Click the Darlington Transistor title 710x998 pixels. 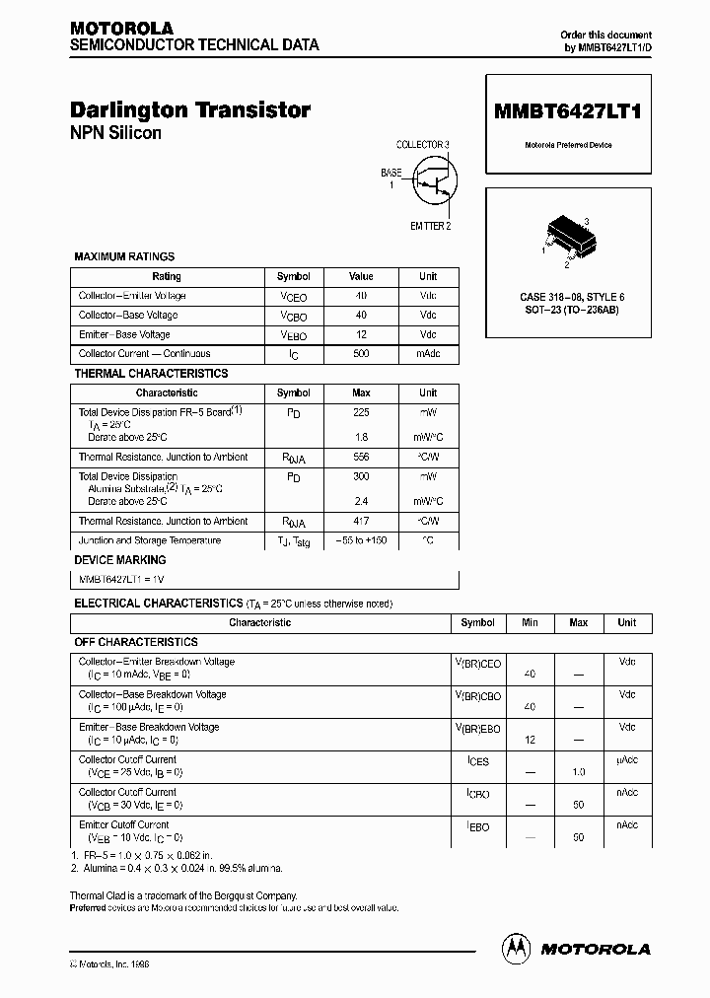pos(190,110)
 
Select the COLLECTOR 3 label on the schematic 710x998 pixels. pos(422,145)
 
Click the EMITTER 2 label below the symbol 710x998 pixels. pos(430,226)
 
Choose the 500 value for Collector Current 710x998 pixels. pos(361,353)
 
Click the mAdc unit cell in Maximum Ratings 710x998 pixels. pos(428,353)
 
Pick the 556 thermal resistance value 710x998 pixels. pos(361,458)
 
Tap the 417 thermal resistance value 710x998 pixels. pos(361,522)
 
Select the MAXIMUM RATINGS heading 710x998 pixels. pos(124,256)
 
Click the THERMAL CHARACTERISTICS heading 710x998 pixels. pos(151,374)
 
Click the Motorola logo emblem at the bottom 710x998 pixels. pos(516,948)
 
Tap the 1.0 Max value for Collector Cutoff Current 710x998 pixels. pos(579,772)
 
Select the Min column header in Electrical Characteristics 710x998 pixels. pos(531,622)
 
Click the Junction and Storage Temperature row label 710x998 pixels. pos(150,540)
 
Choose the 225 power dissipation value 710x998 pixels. pos(361,412)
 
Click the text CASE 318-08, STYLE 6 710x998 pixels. pos(572,297)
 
